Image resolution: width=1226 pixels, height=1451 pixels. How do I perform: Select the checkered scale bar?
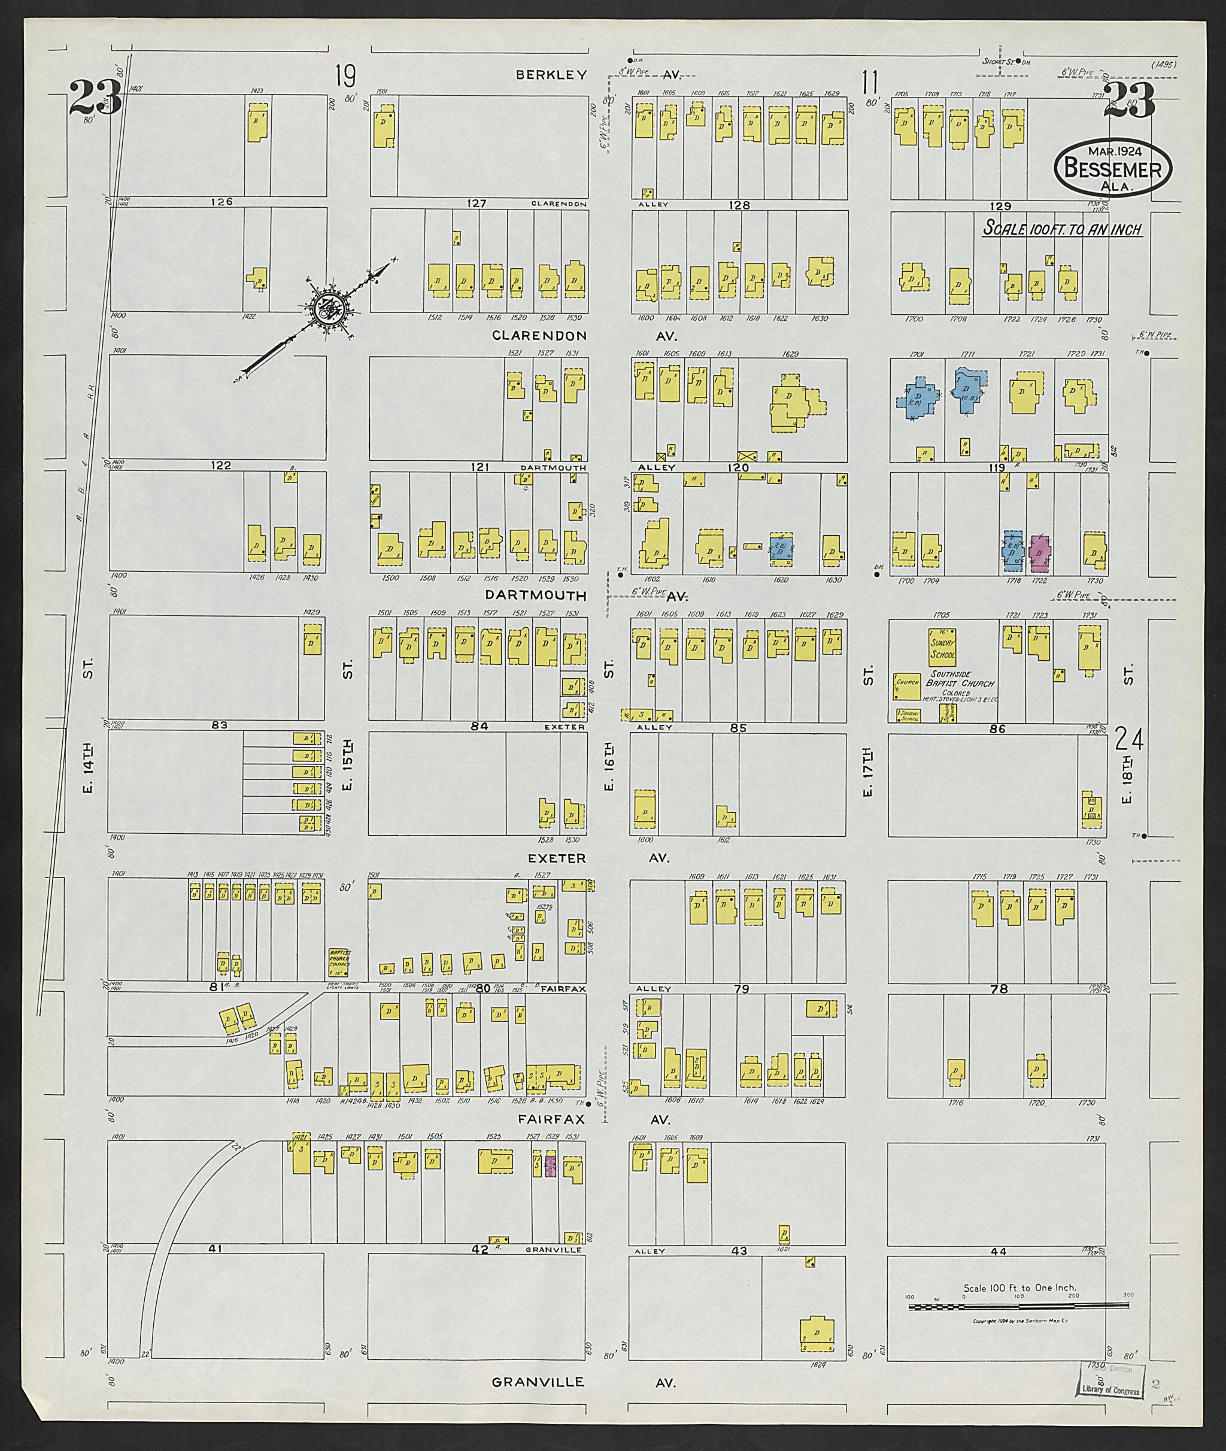pos(1018,1307)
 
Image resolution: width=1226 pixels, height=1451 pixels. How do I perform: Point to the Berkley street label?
pos(552,74)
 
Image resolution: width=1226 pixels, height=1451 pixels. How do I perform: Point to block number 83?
pos(220,725)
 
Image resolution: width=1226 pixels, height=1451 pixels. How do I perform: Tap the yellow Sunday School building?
pos(942,648)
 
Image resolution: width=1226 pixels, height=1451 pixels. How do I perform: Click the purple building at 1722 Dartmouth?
pos(1039,553)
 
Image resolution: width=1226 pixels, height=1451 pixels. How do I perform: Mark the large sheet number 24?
pos(1128,738)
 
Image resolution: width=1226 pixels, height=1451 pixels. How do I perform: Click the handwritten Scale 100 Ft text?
pos(1061,229)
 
